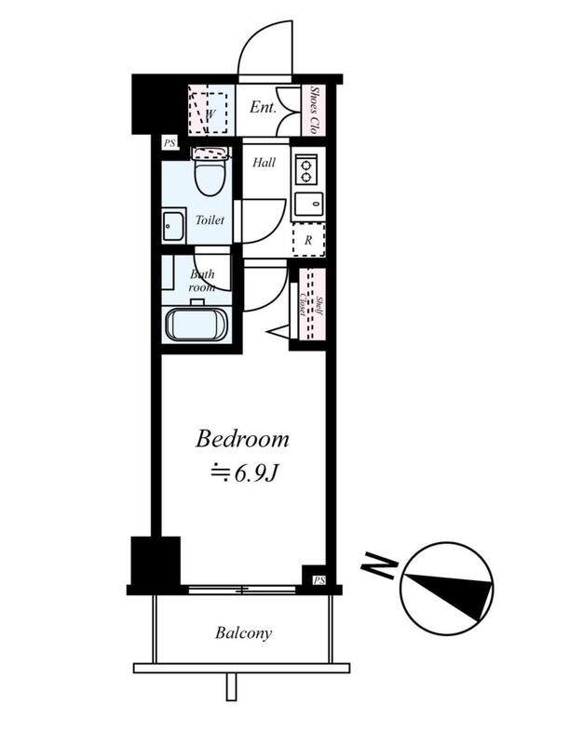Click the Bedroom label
242,439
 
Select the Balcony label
244,633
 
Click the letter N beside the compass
378,565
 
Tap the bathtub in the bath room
197,325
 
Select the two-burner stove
306,169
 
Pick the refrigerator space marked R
309,240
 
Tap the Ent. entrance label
263,107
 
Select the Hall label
264,163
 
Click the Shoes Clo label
314,110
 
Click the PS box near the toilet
170,143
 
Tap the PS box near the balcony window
319,579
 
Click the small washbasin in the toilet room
173,226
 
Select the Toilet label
210,220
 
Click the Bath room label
202,281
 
